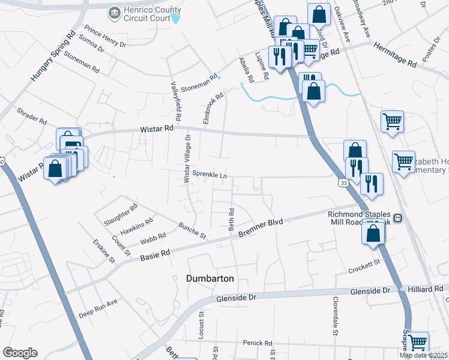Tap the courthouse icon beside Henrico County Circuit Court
point(113,12)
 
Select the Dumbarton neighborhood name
point(209,279)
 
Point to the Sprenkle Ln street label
point(209,175)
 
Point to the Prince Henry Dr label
point(106,37)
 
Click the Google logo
point(20,353)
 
